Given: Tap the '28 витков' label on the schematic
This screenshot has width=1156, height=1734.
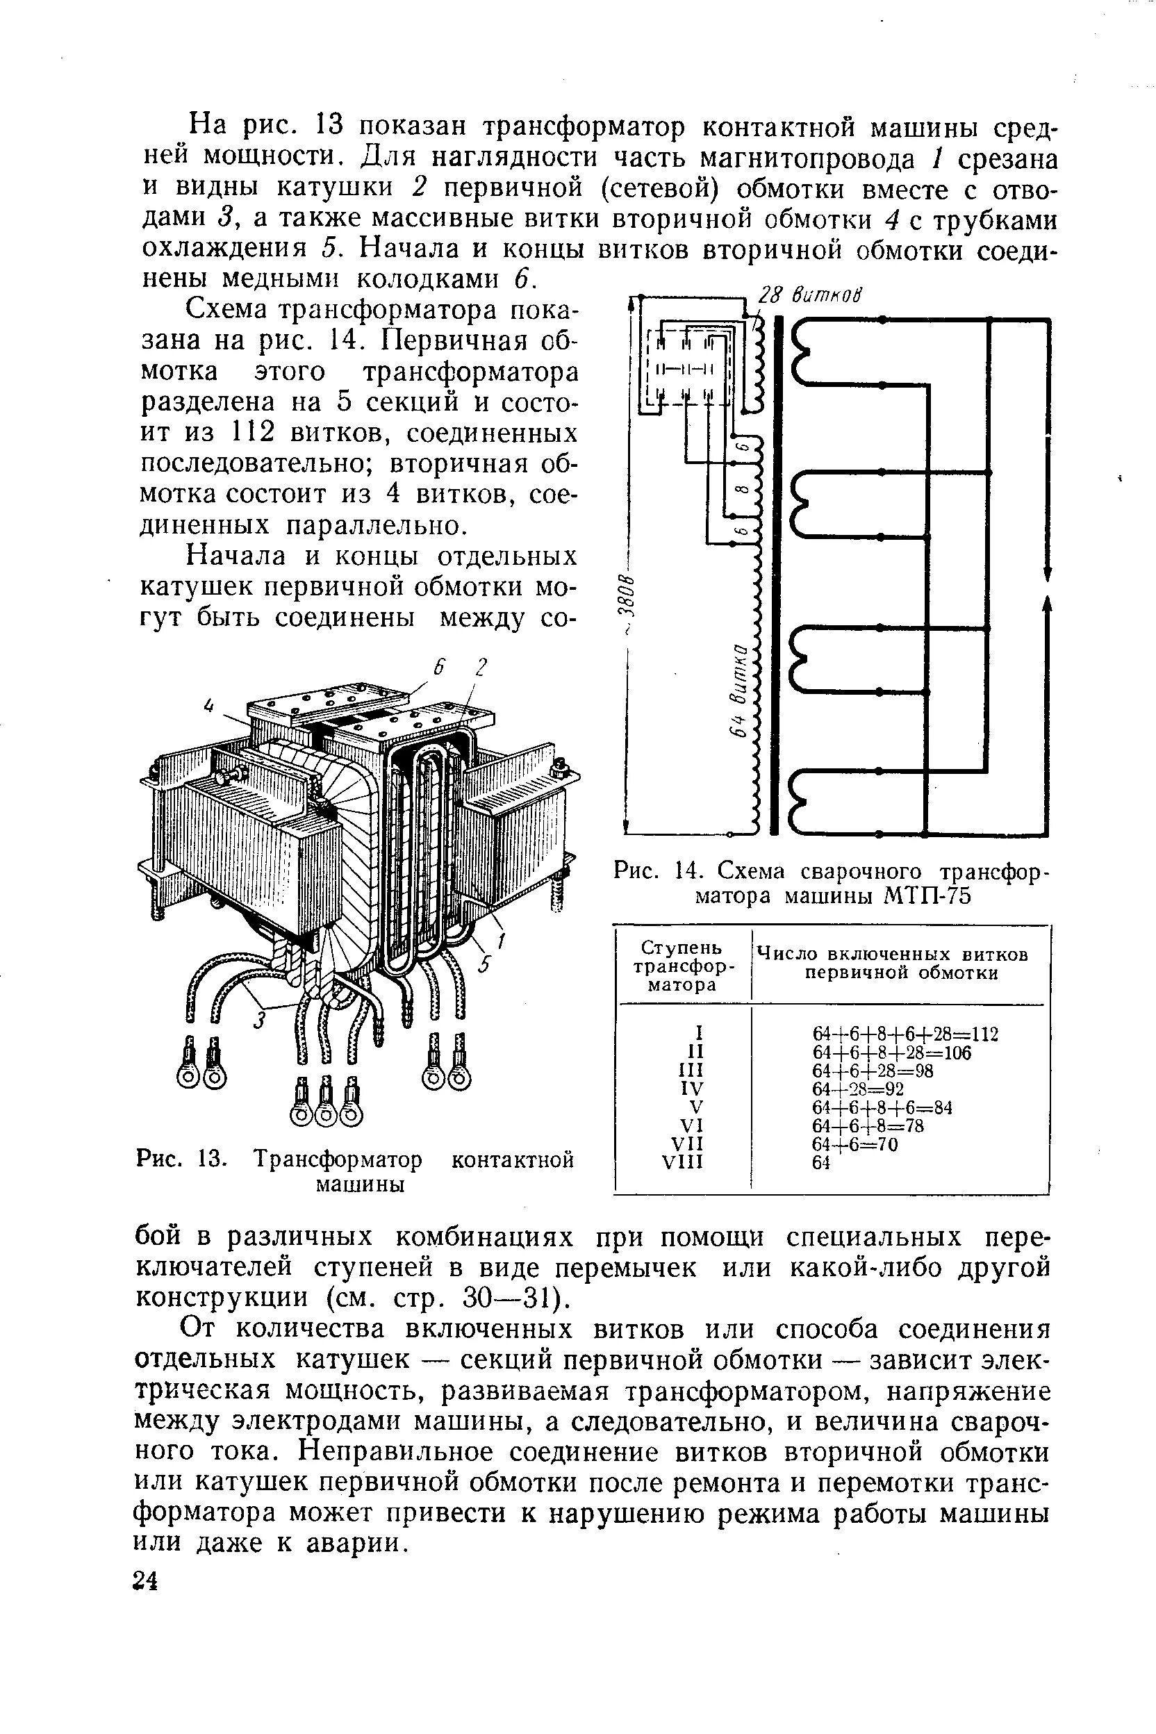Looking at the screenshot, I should click(809, 295).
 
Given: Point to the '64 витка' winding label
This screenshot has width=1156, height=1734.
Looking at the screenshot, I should click(740, 689).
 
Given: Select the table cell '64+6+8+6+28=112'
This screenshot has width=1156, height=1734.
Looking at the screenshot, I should click(905, 1034).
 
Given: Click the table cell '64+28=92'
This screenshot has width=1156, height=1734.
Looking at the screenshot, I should click(858, 1089).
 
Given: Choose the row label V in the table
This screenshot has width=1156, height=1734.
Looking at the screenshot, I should click(696, 1107).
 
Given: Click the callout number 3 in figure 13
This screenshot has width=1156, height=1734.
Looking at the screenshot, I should click(260, 1021).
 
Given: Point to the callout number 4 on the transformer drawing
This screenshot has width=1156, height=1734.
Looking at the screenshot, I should click(208, 706).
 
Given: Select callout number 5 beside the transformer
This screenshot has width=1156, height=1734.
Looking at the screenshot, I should click(484, 964).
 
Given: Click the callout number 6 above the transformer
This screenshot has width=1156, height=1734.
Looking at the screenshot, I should click(437, 666).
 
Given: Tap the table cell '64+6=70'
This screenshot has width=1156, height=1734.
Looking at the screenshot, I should click(854, 1144).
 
